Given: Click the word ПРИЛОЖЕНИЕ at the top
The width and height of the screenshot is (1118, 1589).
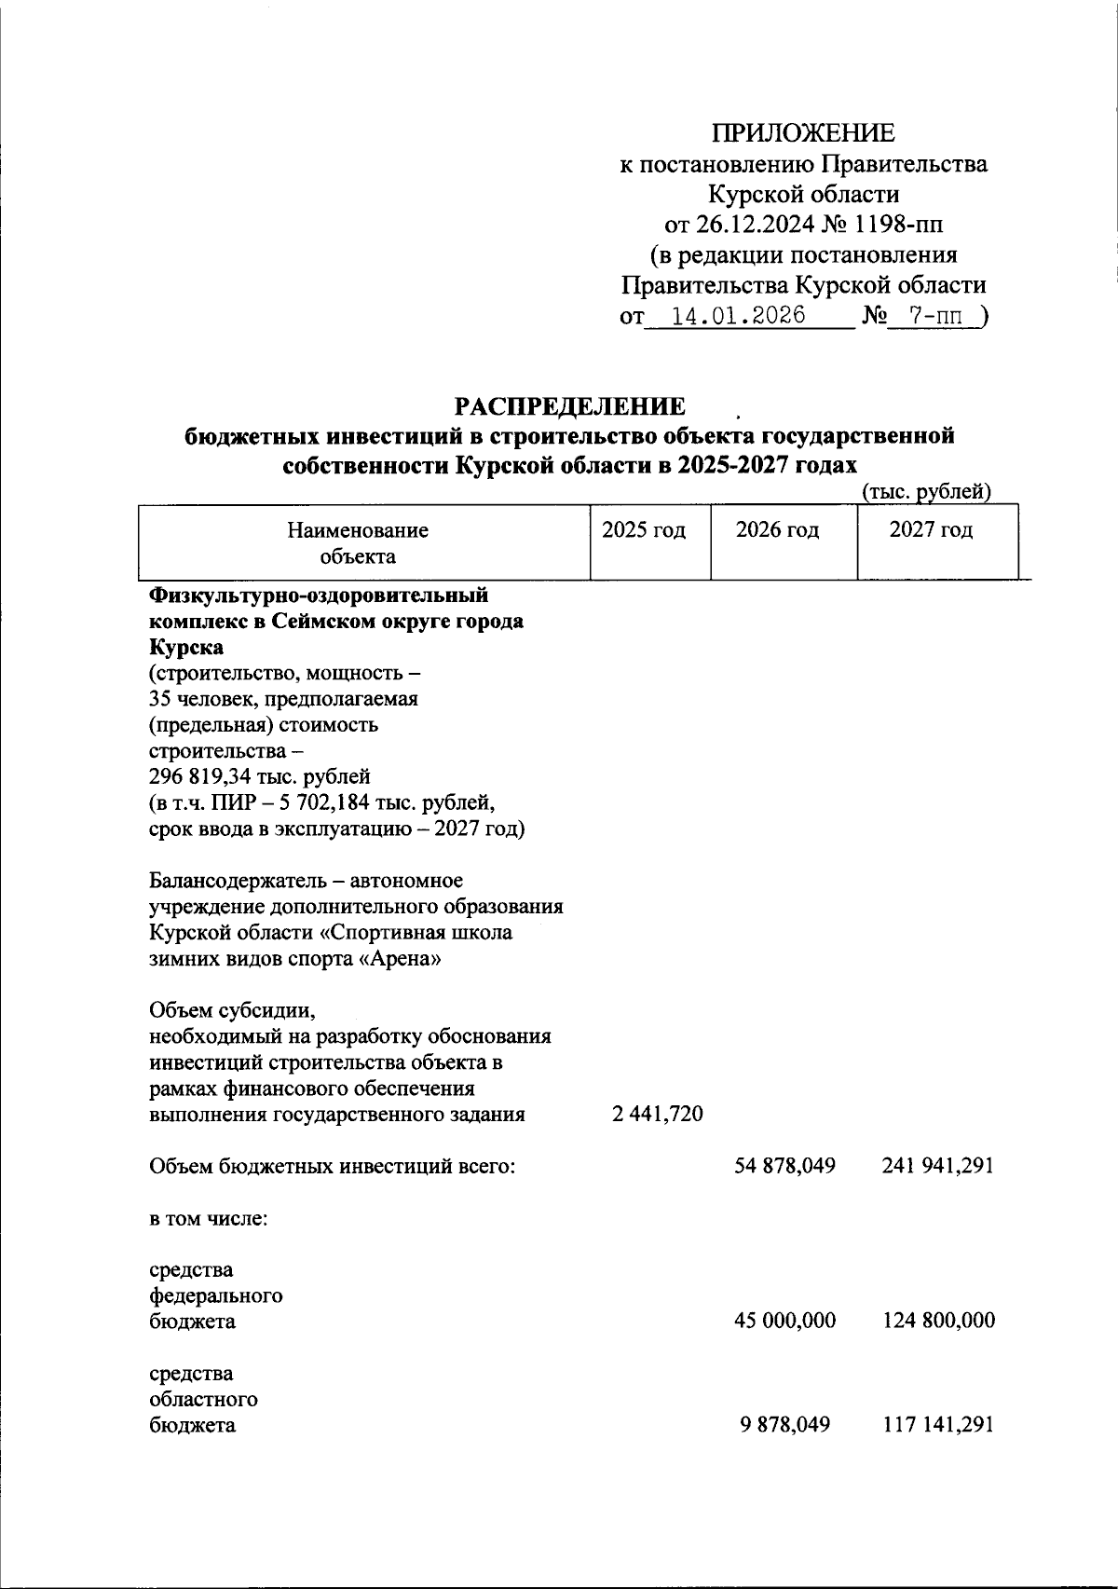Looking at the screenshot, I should click(803, 133).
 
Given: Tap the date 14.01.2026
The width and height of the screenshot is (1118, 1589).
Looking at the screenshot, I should click(739, 316).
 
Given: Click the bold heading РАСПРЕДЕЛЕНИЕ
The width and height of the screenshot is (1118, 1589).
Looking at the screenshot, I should click(569, 407).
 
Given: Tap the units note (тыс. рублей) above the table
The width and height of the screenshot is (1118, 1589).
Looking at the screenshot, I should click(925, 492).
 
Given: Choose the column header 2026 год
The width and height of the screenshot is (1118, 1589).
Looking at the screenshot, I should click(778, 531).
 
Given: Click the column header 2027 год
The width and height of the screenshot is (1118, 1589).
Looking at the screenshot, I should click(931, 531).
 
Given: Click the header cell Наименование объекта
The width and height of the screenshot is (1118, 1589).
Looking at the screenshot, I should click(358, 543).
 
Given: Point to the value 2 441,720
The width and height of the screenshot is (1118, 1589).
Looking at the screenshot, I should click(658, 1115).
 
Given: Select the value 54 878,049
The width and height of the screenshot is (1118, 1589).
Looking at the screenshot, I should click(785, 1166).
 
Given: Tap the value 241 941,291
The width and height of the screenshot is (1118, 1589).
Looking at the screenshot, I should click(937, 1166).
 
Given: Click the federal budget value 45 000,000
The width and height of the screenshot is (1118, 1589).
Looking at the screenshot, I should click(785, 1322).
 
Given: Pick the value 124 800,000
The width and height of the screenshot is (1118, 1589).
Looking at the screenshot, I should click(937, 1322).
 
